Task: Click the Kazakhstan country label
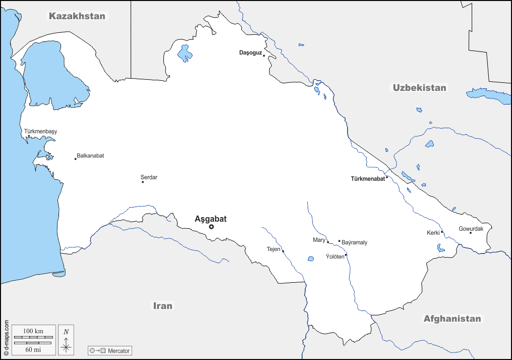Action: [77, 16]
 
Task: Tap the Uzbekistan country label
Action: [419, 88]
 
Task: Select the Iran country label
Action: [163, 305]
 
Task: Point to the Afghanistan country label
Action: [452, 319]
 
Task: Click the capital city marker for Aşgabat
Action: [211, 227]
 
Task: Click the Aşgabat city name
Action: [210, 219]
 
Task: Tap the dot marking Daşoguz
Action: [264, 56]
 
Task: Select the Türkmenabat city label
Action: [368, 178]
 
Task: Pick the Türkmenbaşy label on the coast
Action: [40, 131]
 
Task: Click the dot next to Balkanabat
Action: [76, 159]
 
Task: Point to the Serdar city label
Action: [149, 177]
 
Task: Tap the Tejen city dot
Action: [283, 251]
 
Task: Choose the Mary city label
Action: [319, 240]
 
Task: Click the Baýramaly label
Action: [355, 242]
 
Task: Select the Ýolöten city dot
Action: [346, 255]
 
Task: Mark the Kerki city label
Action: [433, 233]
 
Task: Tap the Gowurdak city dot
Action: [471, 233]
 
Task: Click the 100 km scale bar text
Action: [33, 331]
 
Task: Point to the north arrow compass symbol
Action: [66, 339]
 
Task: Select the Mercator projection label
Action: [119, 350]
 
